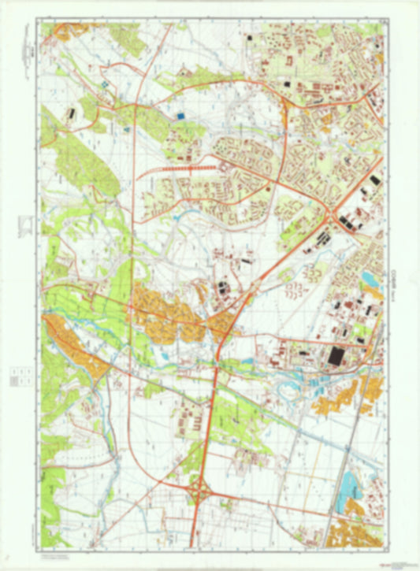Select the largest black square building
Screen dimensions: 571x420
tap(336, 356)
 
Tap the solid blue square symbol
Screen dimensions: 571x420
tap(180, 116)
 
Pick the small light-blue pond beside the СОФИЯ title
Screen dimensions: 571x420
tap(370, 277)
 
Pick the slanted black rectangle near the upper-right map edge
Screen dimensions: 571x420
tap(374, 180)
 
